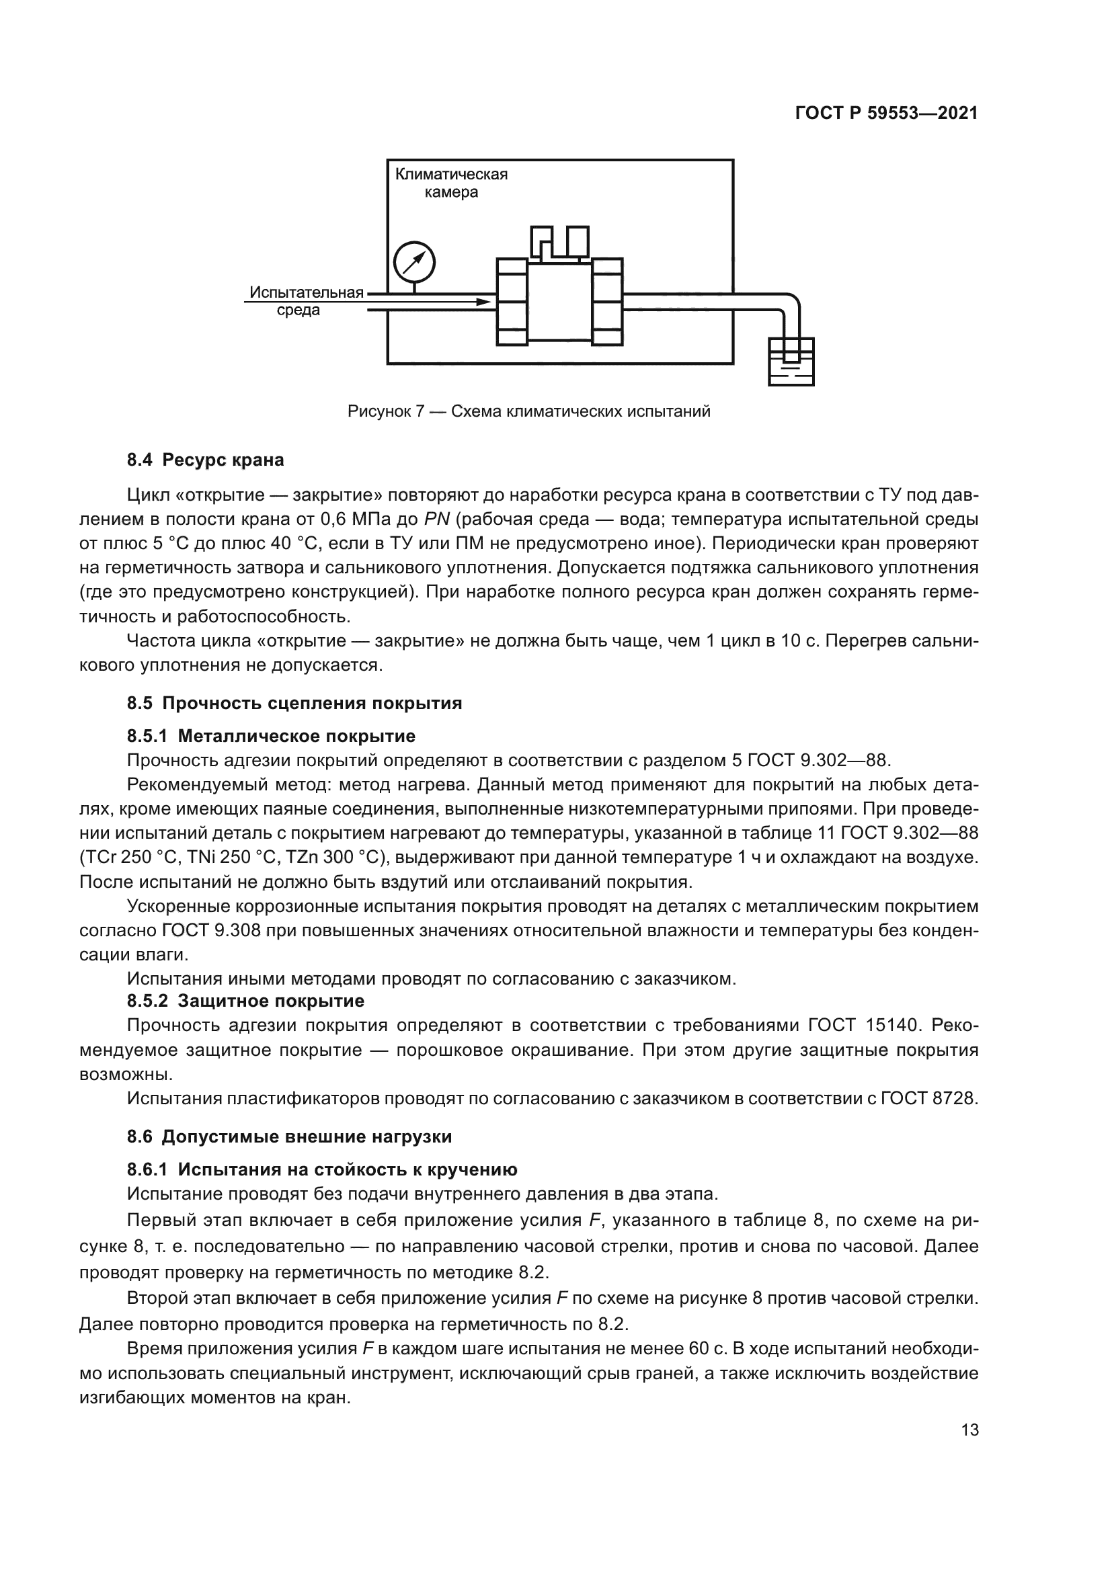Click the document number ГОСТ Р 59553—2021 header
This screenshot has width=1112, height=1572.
(886, 114)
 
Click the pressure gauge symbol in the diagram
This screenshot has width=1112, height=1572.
(414, 262)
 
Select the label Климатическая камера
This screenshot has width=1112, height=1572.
(451, 183)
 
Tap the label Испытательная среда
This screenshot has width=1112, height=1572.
(305, 301)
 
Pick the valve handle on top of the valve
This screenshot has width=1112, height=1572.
(559, 242)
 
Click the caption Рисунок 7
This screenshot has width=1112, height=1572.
(528, 411)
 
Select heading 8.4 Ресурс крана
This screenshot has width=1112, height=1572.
(206, 460)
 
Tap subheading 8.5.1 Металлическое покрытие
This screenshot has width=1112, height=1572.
(271, 736)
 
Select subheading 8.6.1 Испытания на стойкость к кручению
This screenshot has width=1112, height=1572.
(322, 1169)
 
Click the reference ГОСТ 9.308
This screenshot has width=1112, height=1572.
(208, 930)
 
